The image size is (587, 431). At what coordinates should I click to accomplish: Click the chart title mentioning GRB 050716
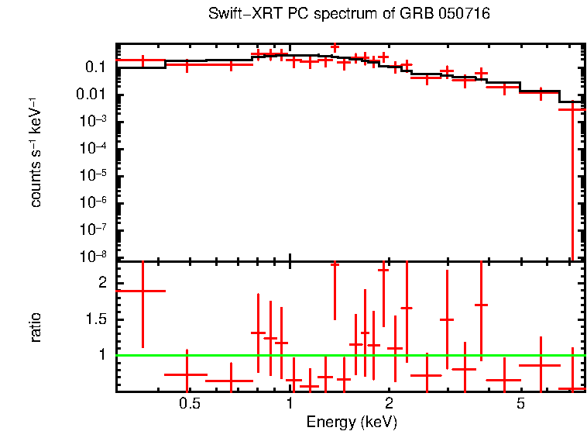coord(349,15)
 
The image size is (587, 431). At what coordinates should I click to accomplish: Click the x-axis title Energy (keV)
coord(352,422)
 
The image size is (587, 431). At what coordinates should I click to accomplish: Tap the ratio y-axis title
coord(36,328)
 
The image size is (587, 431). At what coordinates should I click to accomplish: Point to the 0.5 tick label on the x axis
coord(190,404)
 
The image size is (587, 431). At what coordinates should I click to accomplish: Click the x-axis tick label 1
coord(290,404)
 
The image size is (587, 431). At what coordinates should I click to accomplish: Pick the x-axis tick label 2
coord(389,404)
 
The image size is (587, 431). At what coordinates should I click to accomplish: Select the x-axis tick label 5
coord(520,404)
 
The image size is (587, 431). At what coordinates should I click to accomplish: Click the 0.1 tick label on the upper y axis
coord(95,67)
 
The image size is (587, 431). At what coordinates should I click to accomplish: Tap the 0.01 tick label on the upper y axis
coord(91,95)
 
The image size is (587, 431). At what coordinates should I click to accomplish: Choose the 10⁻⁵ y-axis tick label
coord(91,175)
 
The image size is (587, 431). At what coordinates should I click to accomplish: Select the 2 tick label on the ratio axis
coord(101,283)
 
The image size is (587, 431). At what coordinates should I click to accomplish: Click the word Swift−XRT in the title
coord(241,15)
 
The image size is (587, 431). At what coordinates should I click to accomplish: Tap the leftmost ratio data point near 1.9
coord(141,291)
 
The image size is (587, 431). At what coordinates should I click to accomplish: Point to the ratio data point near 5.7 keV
coord(540,365)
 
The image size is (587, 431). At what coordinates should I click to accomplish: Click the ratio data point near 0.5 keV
coord(186,374)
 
